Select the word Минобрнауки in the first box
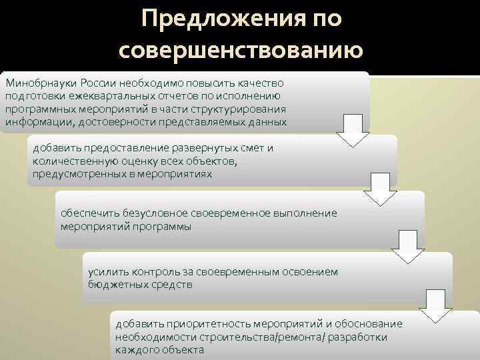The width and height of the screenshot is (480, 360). tap(41, 83)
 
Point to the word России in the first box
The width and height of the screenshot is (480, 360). tap(99, 83)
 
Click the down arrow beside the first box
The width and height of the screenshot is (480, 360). tap(353, 130)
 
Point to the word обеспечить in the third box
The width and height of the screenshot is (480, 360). tap(90, 213)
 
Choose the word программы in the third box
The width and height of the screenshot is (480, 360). tap(167, 227)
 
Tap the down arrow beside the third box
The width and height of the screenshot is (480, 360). tap(408, 245)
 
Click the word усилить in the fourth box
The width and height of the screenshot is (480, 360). tap(105, 272)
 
